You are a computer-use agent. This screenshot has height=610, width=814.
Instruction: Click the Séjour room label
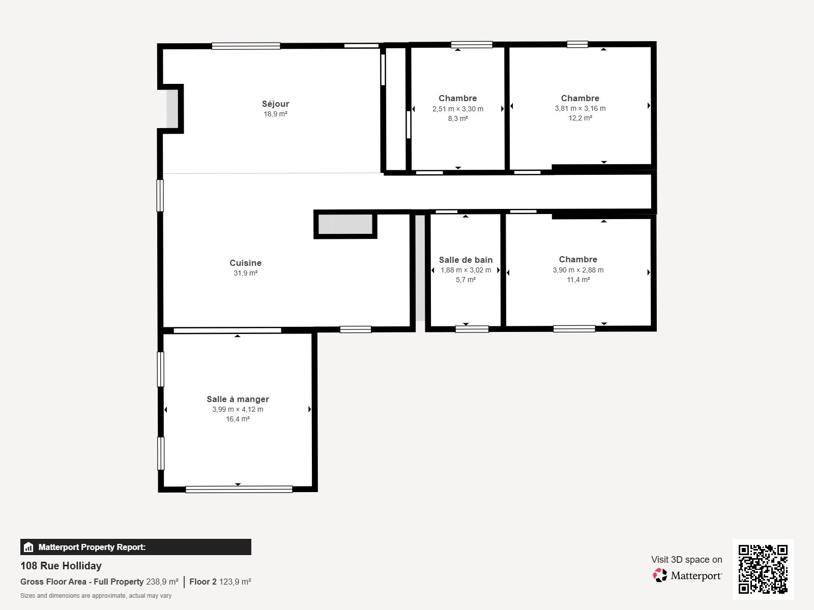pyautogui.click(x=275, y=104)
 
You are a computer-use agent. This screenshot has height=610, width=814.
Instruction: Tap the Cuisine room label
pyautogui.click(x=245, y=263)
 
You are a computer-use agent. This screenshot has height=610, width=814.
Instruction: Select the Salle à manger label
pyautogui.click(x=238, y=399)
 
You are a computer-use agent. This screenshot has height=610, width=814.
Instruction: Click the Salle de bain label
pyautogui.click(x=466, y=260)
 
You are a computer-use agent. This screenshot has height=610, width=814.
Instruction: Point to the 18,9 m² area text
pyautogui.click(x=275, y=114)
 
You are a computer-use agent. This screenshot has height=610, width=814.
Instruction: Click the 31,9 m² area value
pyautogui.click(x=245, y=273)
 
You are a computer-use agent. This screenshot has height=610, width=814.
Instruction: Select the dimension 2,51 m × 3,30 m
pyautogui.click(x=457, y=109)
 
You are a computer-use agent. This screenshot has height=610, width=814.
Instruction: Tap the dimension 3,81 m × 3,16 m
pyautogui.click(x=580, y=108)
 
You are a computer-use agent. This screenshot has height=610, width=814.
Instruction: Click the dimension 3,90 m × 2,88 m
pyautogui.click(x=578, y=270)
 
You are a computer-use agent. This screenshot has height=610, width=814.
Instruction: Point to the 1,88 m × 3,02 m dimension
pyautogui.click(x=466, y=270)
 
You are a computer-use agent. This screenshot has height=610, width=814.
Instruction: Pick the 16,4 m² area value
pyautogui.click(x=238, y=419)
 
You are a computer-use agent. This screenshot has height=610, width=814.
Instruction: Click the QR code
pyautogui.click(x=763, y=569)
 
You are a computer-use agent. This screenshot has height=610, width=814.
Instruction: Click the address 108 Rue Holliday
pyautogui.click(x=61, y=566)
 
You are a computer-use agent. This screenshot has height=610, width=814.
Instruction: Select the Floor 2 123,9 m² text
pyautogui.click(x=220, y=582)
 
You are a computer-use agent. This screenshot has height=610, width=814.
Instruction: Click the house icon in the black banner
pyautogui.click(x=28, y=547)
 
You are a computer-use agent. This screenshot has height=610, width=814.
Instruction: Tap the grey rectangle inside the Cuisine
pyautogui.click(x=345, y=224)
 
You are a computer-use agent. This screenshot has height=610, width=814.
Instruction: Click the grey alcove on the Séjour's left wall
pyautogui.click(x=171, y=108)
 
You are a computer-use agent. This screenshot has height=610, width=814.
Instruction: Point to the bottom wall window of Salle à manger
pyautogui.click(x=239, y=489)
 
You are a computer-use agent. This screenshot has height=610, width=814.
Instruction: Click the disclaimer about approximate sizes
pyautogui.click(x=96, y=596)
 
